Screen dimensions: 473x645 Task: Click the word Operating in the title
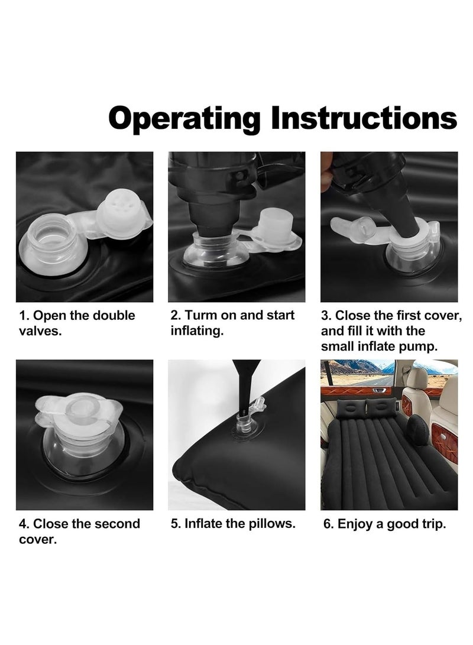coord(184,119)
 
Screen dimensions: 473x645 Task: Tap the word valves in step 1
coord(40,331)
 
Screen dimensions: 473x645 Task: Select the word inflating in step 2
coord(197,332)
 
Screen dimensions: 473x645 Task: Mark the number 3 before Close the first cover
coord(325,316)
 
